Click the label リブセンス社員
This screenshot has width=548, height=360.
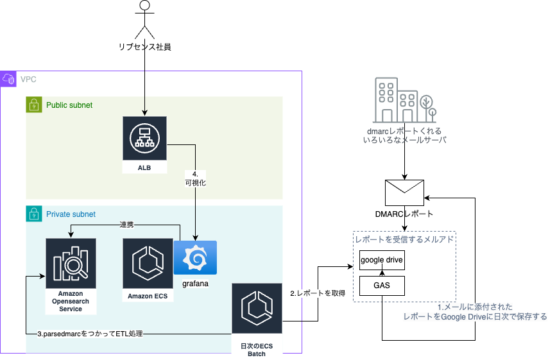click(x=145, y=47)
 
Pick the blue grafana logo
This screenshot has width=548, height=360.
click(x=195, y=257)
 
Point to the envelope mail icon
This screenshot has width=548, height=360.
click(x=404, y=193)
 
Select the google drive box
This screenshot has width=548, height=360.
click(x=382, y=259)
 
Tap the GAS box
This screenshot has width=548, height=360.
click(x=382, y=286)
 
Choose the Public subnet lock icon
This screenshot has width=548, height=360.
click(x=34, y=105)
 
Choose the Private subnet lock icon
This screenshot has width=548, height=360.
click(x=34, y=214)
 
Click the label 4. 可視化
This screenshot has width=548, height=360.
click(x=194, y=178)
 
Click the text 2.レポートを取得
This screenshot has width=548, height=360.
click(x=318, y=293)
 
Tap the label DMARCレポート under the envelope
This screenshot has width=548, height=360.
click(x=404, y=214)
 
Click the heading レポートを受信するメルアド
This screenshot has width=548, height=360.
click(x=404, y=239)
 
